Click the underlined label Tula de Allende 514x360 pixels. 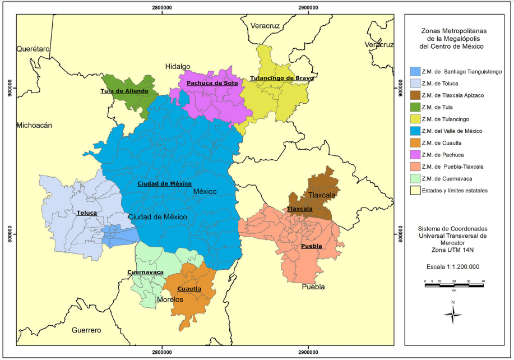[x=124, y=91]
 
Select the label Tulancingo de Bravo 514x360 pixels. [x=281, y=78]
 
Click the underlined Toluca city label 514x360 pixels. [x=87, y=213]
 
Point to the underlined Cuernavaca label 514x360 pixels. [x=145, y=273]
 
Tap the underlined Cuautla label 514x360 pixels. [x=189, y=289]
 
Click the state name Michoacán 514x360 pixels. [x=34, y=126]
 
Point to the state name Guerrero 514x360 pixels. [x=86, y=330]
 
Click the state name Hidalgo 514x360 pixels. [x=178, y=66]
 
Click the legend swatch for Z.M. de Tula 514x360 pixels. [x=415, y=107]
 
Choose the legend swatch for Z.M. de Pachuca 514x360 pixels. [x=415, y=155]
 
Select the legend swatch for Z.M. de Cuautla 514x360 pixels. [x=415, y=142]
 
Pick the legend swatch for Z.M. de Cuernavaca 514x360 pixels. [x=415, y=178]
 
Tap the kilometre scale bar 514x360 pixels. [x=454, y=285]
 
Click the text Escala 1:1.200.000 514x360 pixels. [x=453, y=267]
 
